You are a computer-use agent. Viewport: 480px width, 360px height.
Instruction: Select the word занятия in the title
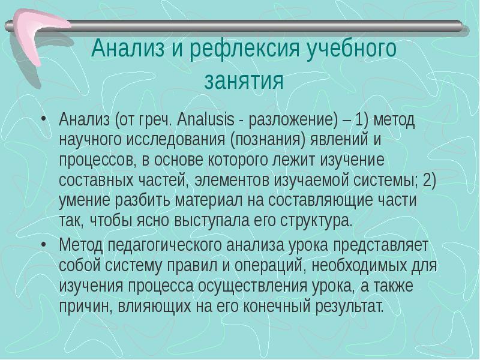pyautogui.click(x=244, y=80)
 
